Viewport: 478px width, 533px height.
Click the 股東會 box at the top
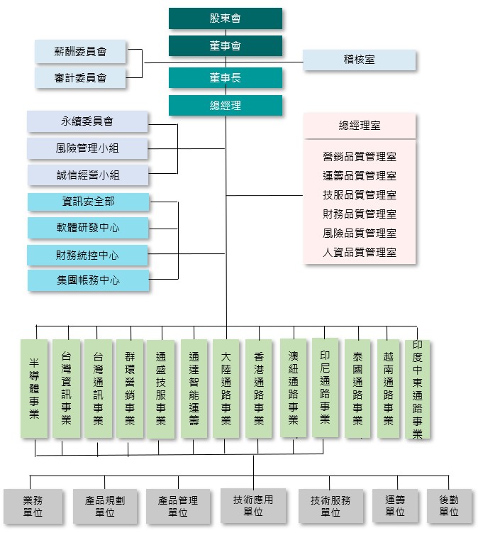pyautogui.click(x=226, y=18)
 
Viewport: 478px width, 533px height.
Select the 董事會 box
pyautogui.click(x=226, y=46)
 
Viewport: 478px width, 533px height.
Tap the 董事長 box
pyautogui.click(x=226, y=78)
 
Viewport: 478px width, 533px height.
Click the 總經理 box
pyautogui.click(x=226, y=106)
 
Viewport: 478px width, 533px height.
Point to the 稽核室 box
pyautogui.click(x=360, y=60)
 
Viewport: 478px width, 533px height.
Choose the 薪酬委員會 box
pyautogui.click(x=80, y=52)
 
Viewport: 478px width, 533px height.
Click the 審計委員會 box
pyautogui.click(x=80, y=78)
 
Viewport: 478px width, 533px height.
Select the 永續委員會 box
pyautogui.click(x=88, y=121)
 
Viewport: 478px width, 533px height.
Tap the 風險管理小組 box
pyautogui.click(x=88, y=149)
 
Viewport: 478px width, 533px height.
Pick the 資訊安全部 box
pyautogui.click(x=89, y=202)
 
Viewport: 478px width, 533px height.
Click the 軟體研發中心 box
pyautogui.click(x=89, y=229)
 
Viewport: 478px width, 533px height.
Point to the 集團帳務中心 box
pyautogui.click(x=89, y=280)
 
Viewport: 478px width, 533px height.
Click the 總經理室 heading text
pyautogui.click(x=360, y=126)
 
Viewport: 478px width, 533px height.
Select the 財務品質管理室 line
pyautogui.click(x=360, y=214)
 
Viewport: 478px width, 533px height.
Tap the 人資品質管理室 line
pyautogui.click(x=360, y=252)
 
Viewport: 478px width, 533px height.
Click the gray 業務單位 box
pyautogui.click(x=33, y=506)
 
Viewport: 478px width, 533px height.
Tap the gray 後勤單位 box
pyautogui.click(x=449, y=506)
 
